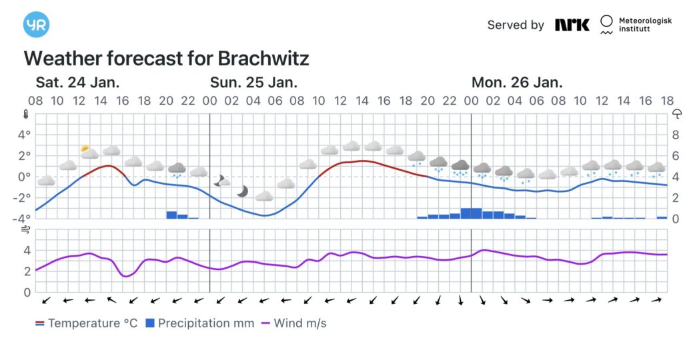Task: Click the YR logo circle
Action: click(36, 25)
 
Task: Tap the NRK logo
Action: click(572, 25)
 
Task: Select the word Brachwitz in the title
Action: click(263, 59)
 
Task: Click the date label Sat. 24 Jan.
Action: click(77, 83)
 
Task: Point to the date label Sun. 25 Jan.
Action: click(253, 83)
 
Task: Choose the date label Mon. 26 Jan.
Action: click(517, 83)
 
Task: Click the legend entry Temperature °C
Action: click(87, 323)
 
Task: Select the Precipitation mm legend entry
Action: click(199, 323)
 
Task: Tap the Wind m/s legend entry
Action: click(293, 323)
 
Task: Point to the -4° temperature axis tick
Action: click(23, 219)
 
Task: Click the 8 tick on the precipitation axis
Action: click(675, 135)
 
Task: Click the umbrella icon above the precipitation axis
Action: click(676, 113)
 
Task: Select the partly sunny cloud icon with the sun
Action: click(89, 152)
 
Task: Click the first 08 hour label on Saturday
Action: click(35, 101)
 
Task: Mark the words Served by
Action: click(516, 25)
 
